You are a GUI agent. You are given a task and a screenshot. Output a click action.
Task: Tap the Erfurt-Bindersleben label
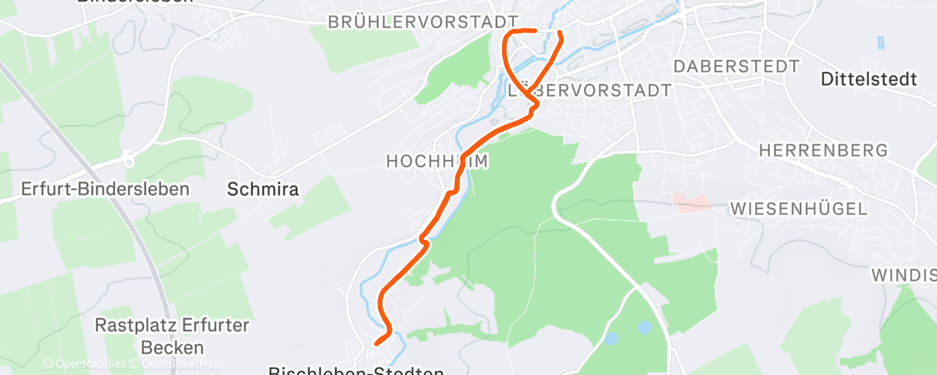[x=106, y=188]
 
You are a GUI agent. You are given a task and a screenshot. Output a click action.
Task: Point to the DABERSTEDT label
[x=737, y=66]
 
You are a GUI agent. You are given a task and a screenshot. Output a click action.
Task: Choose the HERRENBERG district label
[x=822, y=151]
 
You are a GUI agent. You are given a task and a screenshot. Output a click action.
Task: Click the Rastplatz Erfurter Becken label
[x=172, y=336]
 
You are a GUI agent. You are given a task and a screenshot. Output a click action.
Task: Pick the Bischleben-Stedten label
[x=356, y=372]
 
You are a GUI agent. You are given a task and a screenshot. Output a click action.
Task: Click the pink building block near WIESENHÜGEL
[x=692, y=203]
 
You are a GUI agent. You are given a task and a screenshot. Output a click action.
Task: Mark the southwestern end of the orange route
[x=377, y=343]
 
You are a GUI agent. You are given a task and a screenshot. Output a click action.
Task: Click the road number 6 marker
[x=128, y=159]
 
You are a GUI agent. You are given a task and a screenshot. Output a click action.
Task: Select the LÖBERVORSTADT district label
[x=590, y=89]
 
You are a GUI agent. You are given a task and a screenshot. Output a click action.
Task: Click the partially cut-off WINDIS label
[x=903, y=275]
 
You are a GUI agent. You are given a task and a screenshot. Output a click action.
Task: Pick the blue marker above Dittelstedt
[x=881, y=41]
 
